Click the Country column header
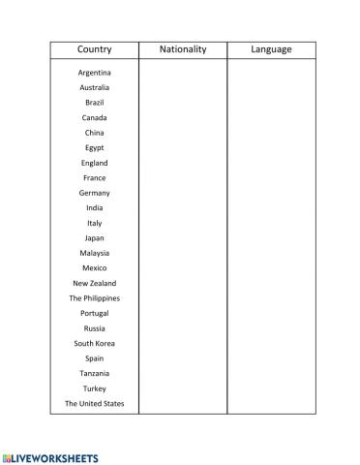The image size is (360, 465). click(x=94, y=49)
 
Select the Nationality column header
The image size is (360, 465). click(x=183, y=49)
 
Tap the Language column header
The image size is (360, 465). click(x=271, y=49)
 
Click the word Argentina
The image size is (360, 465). click(x=94, y=73)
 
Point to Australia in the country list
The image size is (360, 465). click(x=94, y=87)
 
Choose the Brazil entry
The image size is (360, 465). click(x=94, y=103)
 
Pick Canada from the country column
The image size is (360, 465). click(x=94, y=117)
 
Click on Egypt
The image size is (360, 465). click(x=94, y=148)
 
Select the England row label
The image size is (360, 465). click(x=94, y=163)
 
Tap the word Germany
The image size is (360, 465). click(x=94, y=193)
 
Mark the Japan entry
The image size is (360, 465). click(x=94, y=238)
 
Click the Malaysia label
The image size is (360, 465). click(x=94, y=253)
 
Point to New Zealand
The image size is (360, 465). click(x=94, y=283)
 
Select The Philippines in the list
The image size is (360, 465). click(x=94, y=298)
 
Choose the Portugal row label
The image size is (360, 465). click(x=94, y=313)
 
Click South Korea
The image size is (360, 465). click(x=94, y=343)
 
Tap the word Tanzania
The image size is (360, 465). click(x=94, y=373)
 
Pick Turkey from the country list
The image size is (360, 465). click(x=94, y=388)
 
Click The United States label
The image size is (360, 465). click(x=94, y=403)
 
